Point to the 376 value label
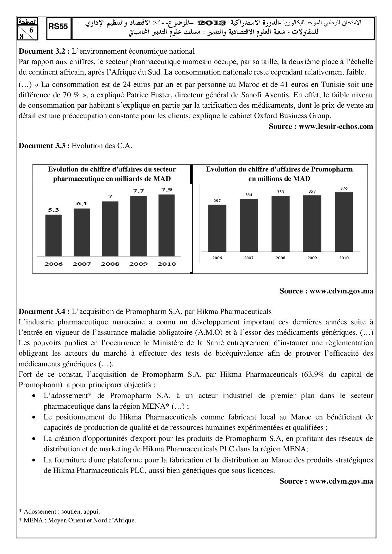pos(344,189)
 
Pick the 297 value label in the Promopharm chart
pos(217,201)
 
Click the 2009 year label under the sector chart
pos(138,264)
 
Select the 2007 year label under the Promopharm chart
pos(249,258)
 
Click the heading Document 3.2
pos(44,51)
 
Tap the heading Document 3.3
pos(44,146)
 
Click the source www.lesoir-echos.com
pos(321,127)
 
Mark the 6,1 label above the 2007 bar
pos(82,204)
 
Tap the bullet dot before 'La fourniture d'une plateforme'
pos(34,460)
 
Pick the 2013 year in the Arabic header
pos(212,23)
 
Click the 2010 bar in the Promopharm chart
pos(344,222)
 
